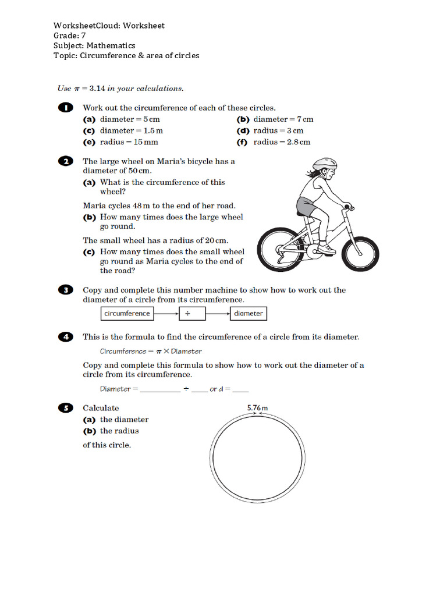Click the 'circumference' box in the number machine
(127, 314)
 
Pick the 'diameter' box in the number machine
(248, 314)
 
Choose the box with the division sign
(188, 314)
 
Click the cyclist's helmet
(324, 165)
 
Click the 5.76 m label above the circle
(257, 408)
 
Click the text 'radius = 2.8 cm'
(282, 142)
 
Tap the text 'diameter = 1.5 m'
(132, 131)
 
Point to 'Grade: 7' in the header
(70, 36)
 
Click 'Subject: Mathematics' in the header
(94, 45)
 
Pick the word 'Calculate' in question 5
(101, 408)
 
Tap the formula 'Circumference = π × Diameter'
(151, 352)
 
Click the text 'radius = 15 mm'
(129, 142)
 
